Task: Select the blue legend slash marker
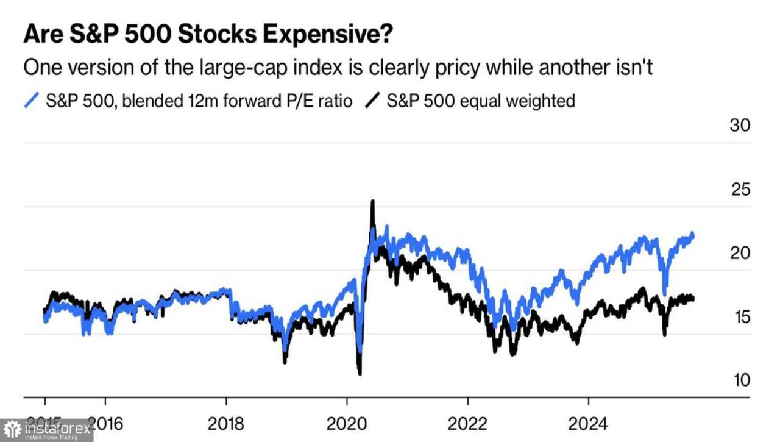[x=30, y=101]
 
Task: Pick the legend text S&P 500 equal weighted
[x=481, y=101]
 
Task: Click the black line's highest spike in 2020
[x=372, y=202]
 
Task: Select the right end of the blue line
[x=693, y=235]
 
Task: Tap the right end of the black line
[x=693, y=298]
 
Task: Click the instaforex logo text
[x=57, y=429]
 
